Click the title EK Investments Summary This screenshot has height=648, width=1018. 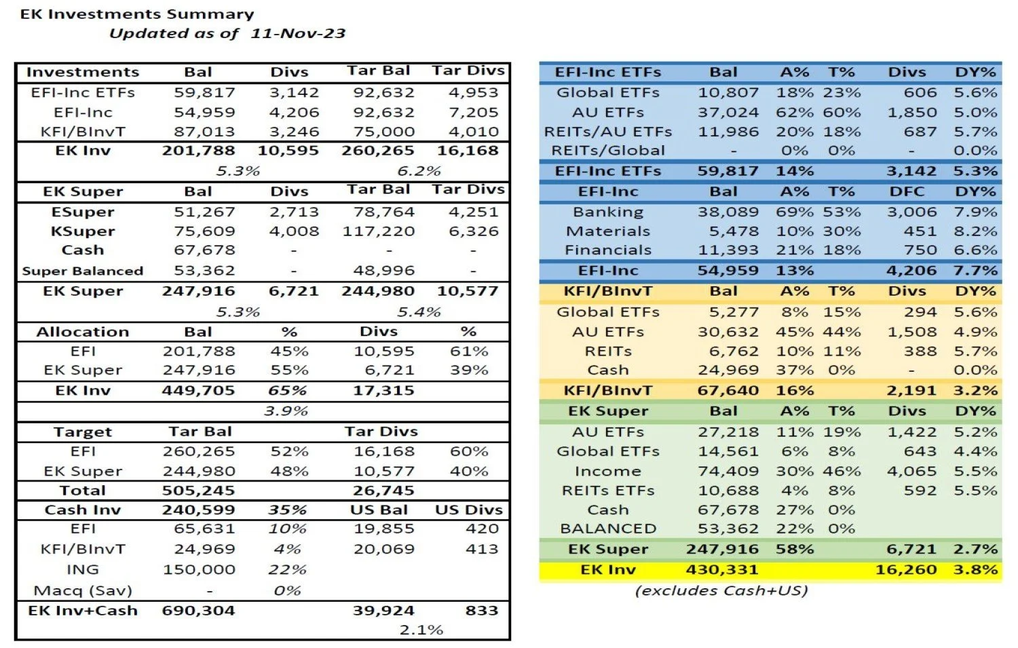(137, 14)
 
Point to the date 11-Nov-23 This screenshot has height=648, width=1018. (298, 33)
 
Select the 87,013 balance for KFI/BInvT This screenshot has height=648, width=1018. (204, 132)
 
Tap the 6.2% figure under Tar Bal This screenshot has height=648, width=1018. (419, 171)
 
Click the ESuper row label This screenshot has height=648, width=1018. (83, 212)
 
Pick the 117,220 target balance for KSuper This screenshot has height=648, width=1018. (379, 231)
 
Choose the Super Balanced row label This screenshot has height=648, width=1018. (83, 271)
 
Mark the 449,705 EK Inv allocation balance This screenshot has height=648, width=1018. (198, 391)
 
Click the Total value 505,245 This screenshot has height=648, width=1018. (198, 491)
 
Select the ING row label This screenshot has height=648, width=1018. (83, 569)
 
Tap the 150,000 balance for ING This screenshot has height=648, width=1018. (199, 569)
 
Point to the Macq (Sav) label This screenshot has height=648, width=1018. (83, 590)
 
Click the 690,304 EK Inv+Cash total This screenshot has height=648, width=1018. (198, 611)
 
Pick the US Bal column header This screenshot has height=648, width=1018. (379, 510)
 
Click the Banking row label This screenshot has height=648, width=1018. (607, 212)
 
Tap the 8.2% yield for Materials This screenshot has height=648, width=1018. (975, 231)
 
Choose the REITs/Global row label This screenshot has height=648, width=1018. (607, 151)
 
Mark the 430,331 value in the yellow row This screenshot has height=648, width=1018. (722, 570)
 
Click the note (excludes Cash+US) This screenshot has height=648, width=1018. (721, 590)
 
